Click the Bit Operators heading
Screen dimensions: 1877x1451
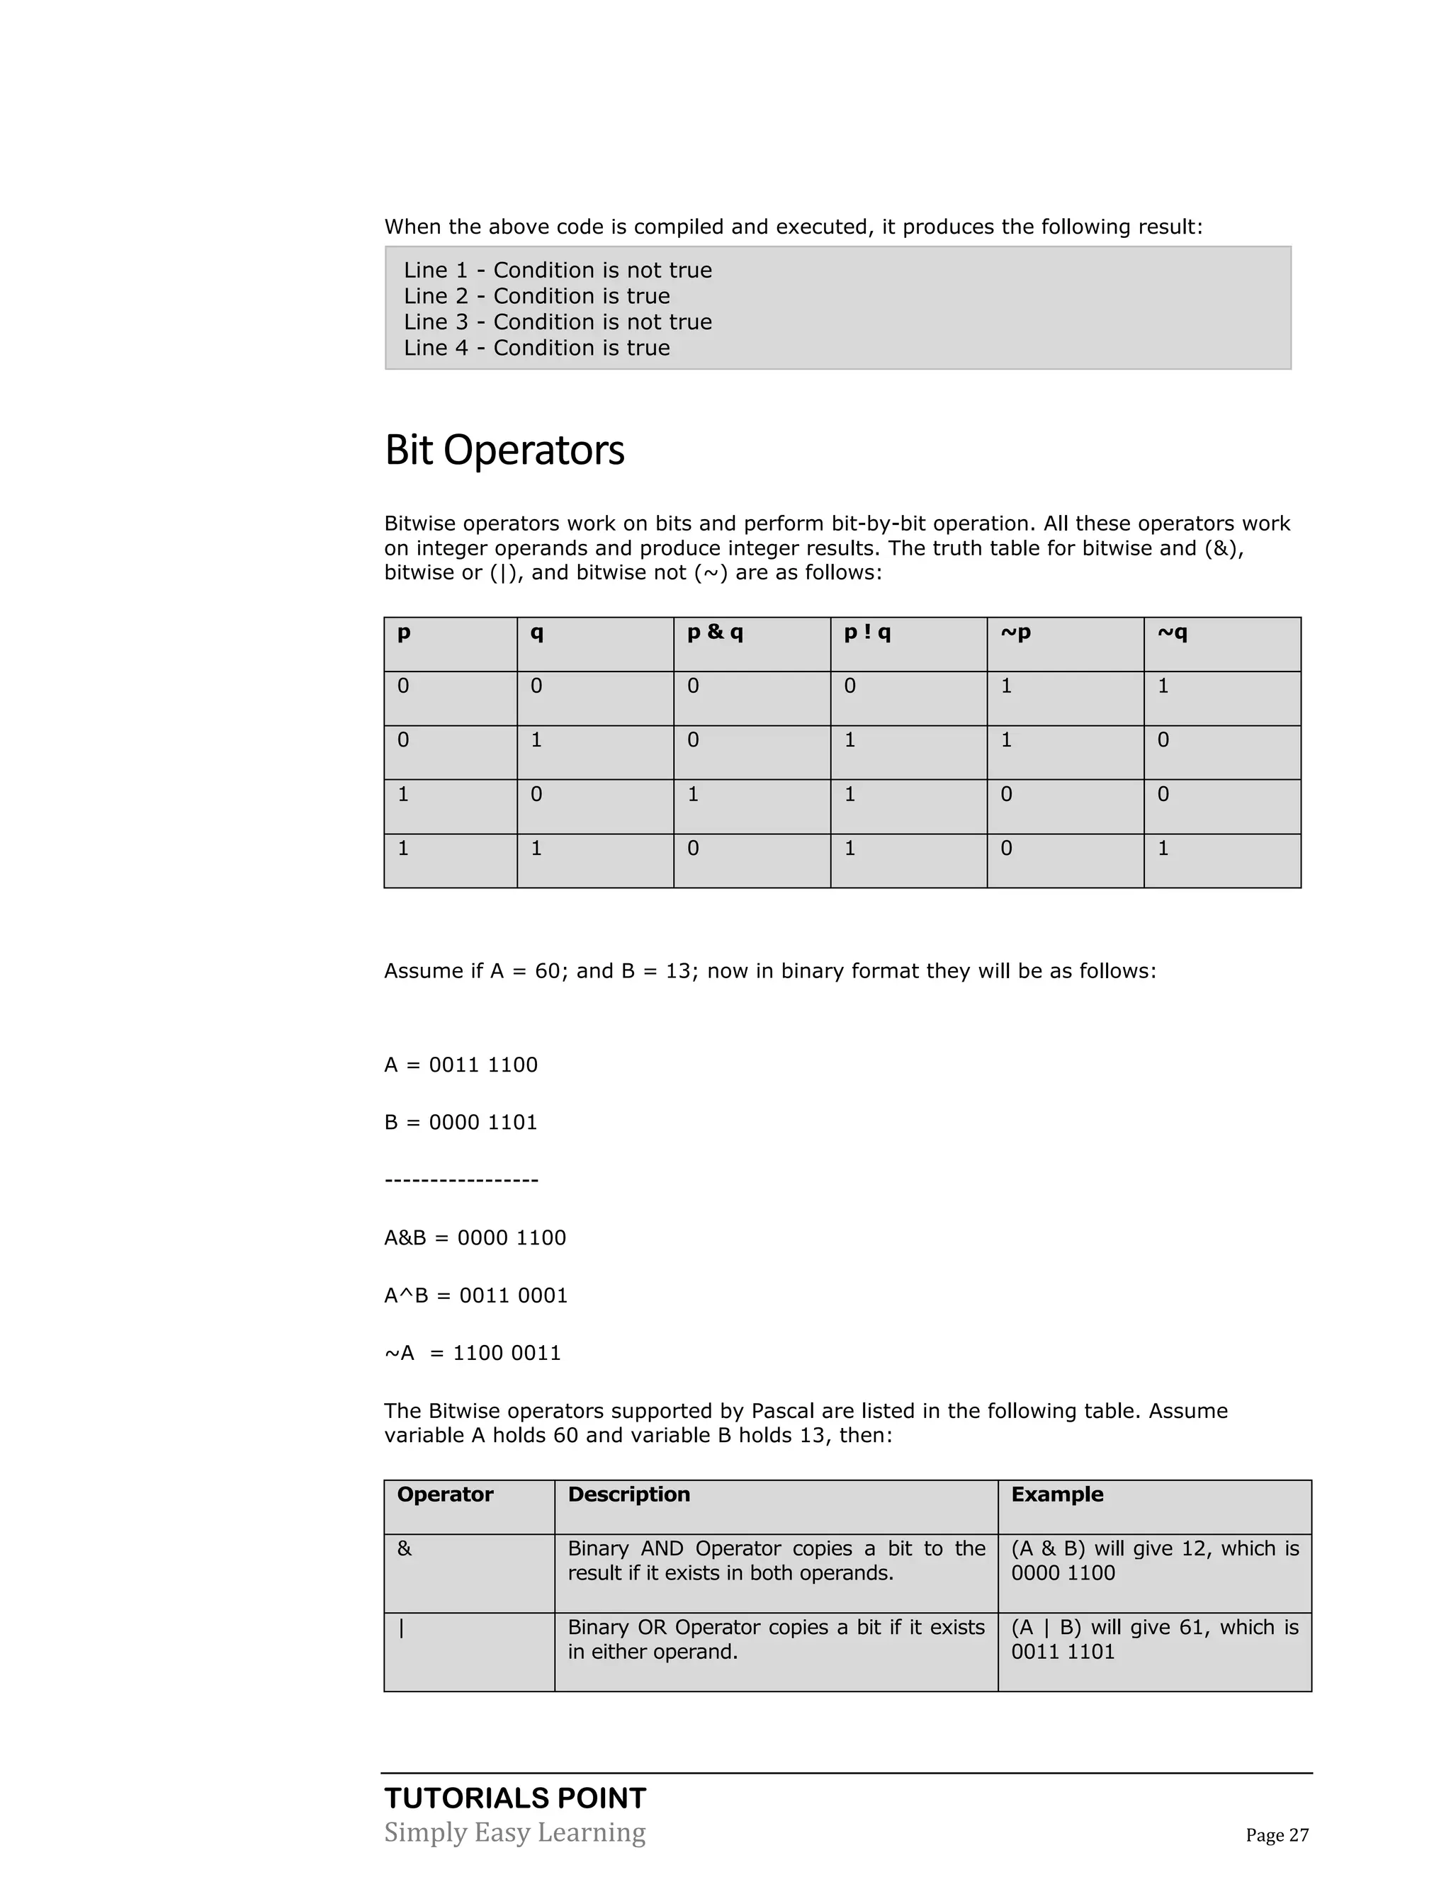(x=504, y=450)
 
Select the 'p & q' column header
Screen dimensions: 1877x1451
(x=714, y=633)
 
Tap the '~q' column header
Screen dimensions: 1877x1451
(x=1172, y=633)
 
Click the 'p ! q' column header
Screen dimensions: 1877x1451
(x=866, y=633)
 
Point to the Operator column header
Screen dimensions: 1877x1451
(x=444, y=1495)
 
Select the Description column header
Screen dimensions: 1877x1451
(x=628, y=1495)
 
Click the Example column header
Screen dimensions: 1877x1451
(x=1056, y=1495)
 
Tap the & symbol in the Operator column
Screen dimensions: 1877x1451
(x=404, y=1548)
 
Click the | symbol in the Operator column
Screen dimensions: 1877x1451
(x=402, y=1628)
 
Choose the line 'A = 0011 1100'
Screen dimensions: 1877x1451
(x=461, y=1065)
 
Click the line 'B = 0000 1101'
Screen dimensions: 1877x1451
(x=461, y=1123)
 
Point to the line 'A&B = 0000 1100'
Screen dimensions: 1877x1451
(x=475, y=1237)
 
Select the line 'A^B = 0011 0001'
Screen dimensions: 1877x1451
(x=475, y=1295)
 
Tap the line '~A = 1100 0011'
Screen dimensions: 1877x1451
(x=472, y=1353)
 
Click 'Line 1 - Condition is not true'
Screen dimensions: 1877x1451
(x=558, y=271)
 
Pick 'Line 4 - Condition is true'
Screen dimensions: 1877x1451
(x=536, y=348)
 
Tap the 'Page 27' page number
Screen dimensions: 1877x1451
(x=1277, y=1835)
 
